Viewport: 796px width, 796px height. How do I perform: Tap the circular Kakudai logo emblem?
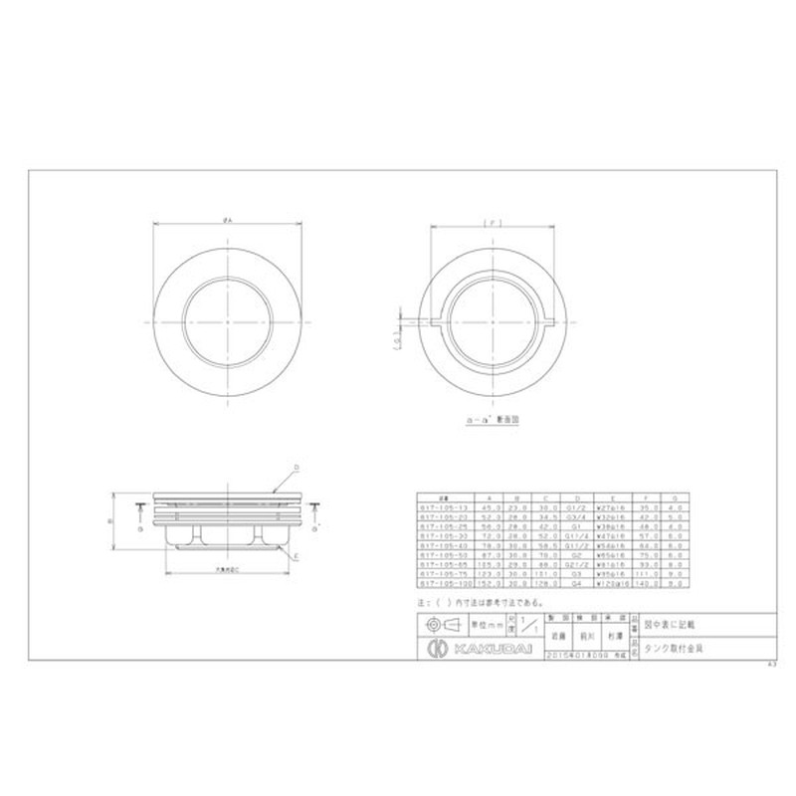[435, 649]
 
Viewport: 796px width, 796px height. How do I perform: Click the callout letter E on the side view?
[297, 555]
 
